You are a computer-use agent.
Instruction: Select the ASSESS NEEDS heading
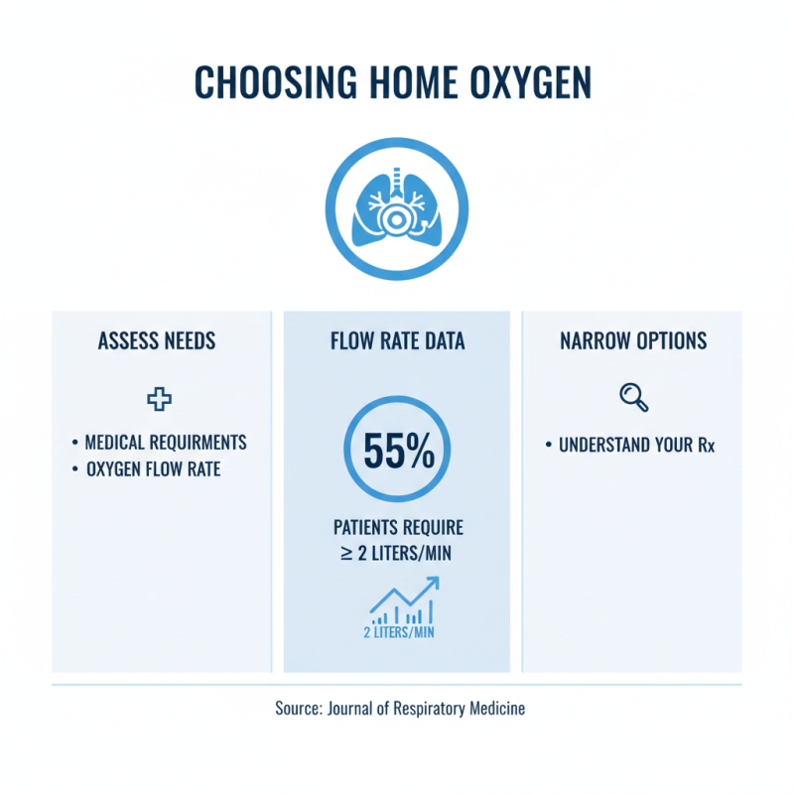157,341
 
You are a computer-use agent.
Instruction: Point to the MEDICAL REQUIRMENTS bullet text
166,442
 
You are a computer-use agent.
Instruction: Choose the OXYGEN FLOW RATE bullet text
152,468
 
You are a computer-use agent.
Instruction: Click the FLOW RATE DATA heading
397,341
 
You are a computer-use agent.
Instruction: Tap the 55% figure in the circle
397,453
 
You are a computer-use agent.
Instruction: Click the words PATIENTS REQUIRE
397,527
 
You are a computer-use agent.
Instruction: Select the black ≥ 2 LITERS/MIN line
397,552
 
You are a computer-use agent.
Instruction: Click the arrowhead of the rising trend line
433,583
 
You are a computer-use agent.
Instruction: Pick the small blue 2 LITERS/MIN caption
396,632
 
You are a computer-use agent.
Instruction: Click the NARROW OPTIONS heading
633,341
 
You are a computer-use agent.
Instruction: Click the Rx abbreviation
705,446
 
